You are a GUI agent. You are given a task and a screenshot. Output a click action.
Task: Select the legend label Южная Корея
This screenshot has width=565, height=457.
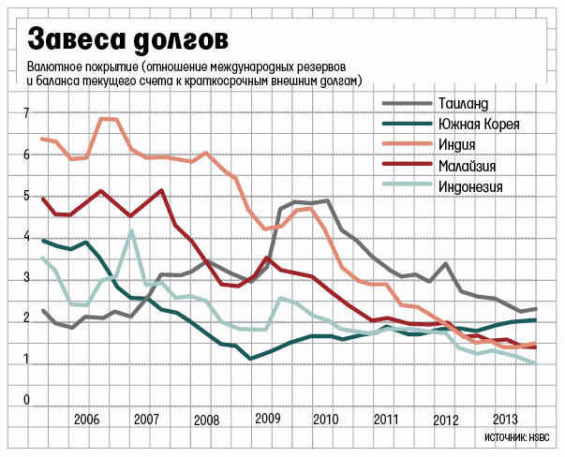coord(478,124)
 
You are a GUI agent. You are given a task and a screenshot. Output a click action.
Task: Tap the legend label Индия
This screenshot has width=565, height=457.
coord(458,144)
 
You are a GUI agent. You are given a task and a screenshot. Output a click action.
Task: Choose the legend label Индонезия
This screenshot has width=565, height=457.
coord(471,186)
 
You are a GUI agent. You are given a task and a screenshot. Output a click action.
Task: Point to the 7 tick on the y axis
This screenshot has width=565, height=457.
coord(26,113)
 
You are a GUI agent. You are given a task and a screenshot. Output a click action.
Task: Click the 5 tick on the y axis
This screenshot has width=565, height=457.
coord(26,197)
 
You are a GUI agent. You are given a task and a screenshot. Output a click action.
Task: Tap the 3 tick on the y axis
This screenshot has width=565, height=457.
coord(26,279)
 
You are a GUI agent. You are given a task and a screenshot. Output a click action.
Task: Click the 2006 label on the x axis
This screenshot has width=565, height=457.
coord(86,419)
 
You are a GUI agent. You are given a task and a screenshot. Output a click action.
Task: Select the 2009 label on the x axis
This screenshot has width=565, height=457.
coord(268,419)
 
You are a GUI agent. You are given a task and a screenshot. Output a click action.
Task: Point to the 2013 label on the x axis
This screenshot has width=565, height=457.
coord(507,419)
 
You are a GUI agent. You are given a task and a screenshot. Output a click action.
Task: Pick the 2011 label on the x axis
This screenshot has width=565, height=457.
coord(386,419)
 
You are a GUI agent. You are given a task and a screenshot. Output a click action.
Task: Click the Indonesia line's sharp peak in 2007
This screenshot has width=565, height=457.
coord(132,230)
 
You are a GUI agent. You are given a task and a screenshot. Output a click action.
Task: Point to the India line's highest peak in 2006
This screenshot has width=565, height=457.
coord(105,119)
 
